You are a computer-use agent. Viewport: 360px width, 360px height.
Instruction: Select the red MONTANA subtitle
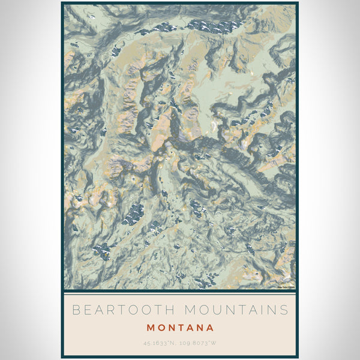tap(180, 328)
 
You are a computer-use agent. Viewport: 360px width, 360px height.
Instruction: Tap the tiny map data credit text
tap(286, 287)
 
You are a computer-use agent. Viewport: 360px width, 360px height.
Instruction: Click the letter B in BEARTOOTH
tap(75, 310)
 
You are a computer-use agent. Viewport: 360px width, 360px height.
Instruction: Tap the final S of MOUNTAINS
tap(284, 310)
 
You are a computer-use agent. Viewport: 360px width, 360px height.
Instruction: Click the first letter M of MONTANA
tap(150, 328)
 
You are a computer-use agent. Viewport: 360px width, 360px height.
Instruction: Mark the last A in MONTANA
tap(210, 328)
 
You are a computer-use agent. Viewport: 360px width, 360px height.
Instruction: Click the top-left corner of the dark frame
tap(62, 3)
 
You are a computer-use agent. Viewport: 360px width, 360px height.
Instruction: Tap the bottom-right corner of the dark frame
tap(298, 357)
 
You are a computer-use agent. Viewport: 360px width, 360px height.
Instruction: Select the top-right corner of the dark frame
tap(298, 3)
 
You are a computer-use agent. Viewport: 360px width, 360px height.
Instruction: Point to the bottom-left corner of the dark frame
tap(62, 357)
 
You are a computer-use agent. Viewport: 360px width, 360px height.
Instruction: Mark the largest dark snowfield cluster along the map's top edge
tap(216, 26)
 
